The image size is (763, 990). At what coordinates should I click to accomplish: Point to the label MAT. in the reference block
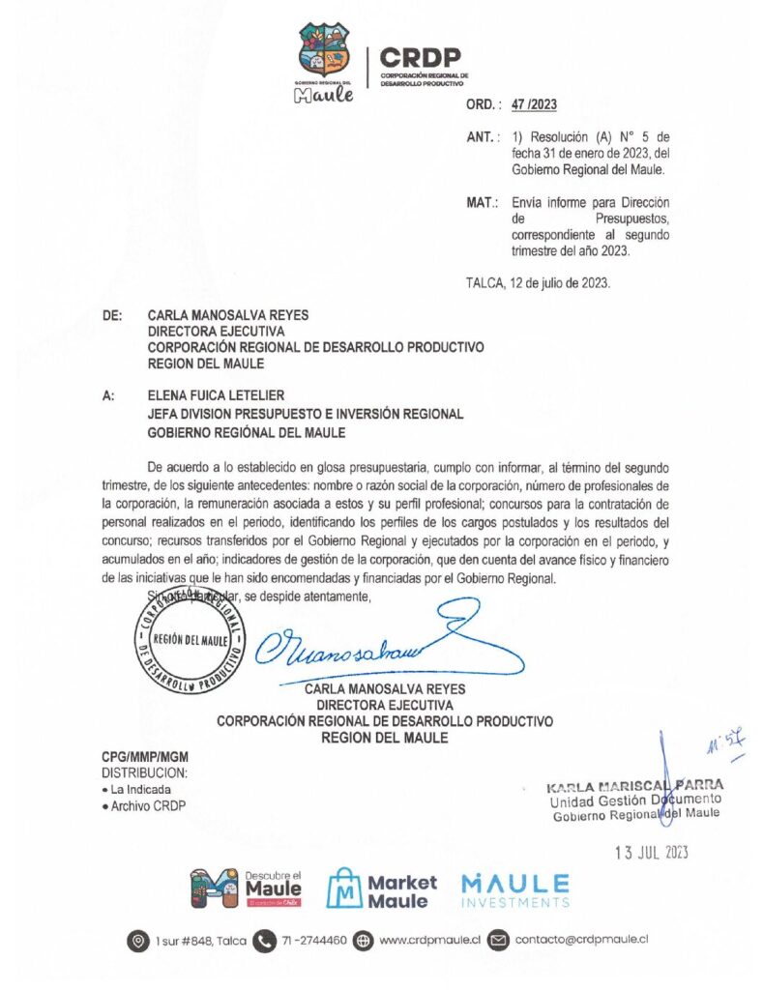(x=482, y=202)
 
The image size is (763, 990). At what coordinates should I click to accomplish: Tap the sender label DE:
(x=111, y=315)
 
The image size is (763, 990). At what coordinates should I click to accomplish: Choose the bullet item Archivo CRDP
(x=146, y=805)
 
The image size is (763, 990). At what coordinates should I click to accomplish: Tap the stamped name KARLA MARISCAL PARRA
(x=634, y=784)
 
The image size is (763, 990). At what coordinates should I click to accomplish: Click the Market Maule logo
(x=382, y=889)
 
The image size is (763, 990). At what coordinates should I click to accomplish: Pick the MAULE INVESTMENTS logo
(x=514, y=888)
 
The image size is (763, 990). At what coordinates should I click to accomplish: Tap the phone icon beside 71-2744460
(x=263, y=940)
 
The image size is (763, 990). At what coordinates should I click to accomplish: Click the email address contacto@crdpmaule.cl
(x=580, y=939)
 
